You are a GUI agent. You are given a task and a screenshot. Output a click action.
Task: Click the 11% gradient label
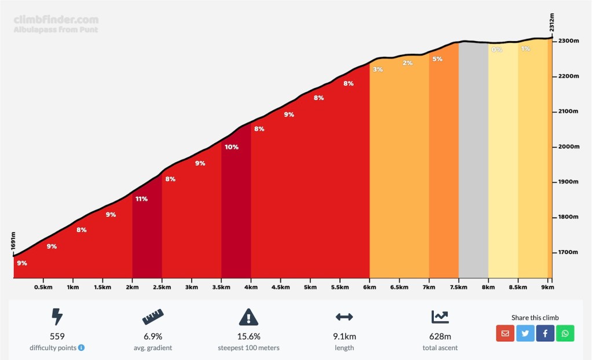[141, 199]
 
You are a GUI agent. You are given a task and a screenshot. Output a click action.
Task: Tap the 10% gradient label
[232, 147]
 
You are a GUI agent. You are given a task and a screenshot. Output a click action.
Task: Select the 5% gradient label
[437, 59]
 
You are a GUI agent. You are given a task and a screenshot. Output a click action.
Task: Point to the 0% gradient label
[497, 50]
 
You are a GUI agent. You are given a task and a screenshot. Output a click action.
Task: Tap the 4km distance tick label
[251, 287]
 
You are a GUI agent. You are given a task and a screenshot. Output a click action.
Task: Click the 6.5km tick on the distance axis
[399, 287]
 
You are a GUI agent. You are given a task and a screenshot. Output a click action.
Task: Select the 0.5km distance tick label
[43, 287]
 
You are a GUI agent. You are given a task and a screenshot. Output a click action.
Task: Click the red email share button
[506, 333]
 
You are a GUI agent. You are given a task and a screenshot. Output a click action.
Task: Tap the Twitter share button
[525, 333]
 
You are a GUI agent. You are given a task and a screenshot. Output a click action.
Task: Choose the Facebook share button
[545, 333]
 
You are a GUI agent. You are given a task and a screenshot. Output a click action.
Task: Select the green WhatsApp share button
[565, 333]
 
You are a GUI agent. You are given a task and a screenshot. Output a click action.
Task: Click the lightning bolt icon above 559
[57, 317]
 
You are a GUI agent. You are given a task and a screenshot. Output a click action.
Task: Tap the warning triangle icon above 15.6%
[248, 317]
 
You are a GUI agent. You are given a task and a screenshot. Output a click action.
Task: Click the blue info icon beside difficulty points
[82, 348]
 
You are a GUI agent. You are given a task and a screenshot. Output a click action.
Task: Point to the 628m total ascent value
[440, 336]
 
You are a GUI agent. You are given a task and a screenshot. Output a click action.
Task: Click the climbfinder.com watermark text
[56, 20]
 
